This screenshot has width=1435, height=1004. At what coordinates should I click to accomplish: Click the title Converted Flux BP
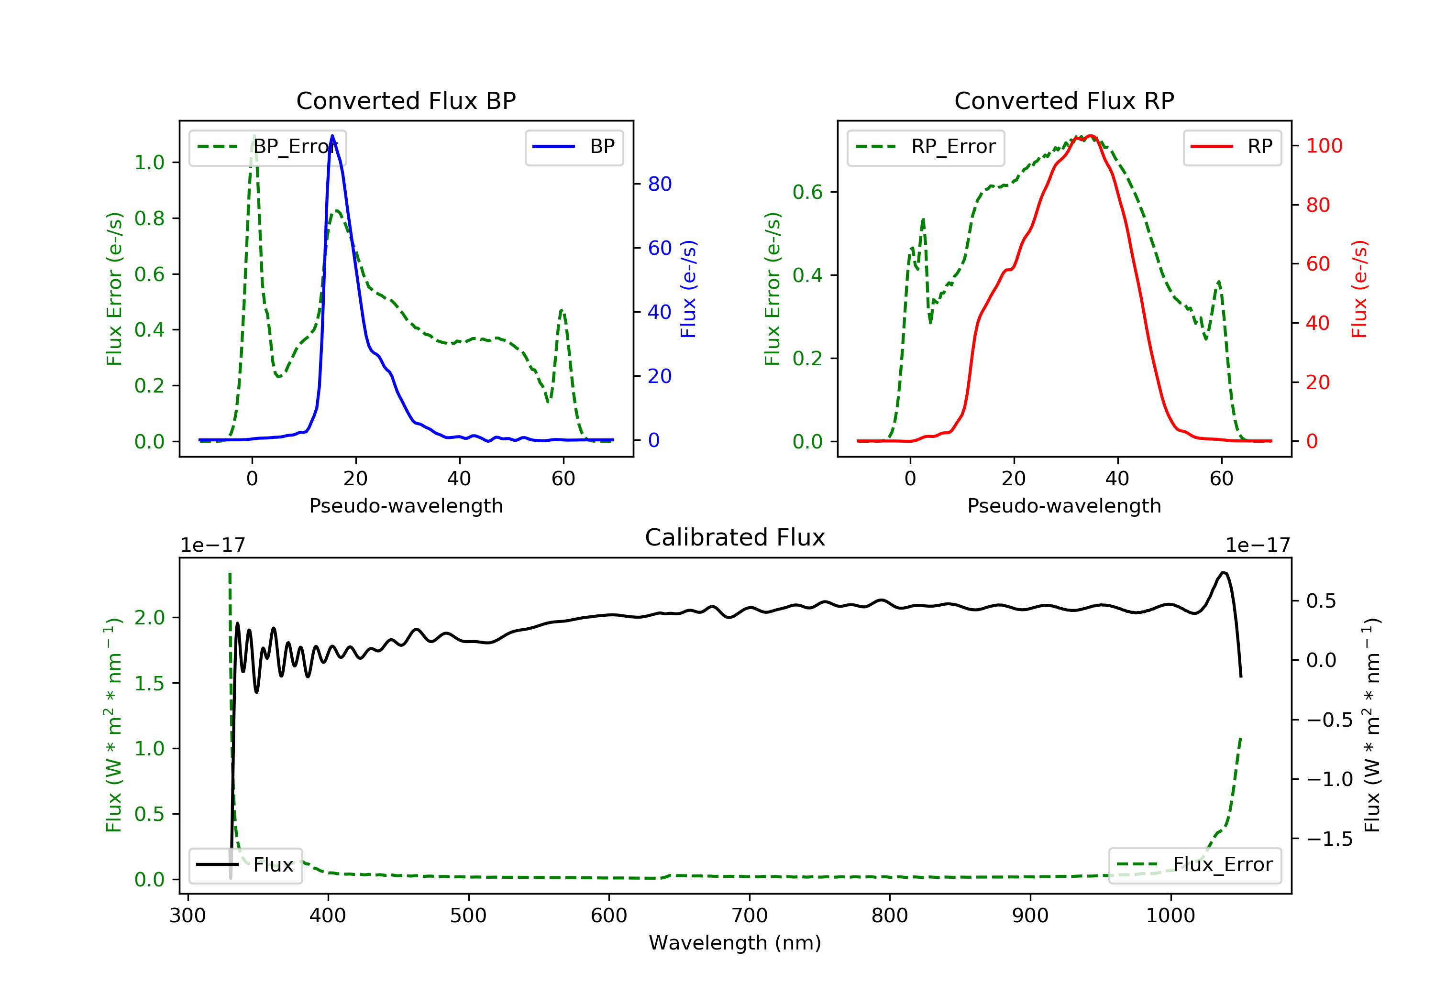click(x=406, y=100)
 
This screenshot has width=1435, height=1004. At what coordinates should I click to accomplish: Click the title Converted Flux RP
click(x=1064, y=100)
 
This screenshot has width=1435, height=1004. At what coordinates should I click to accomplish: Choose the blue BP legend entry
click(x=574, y=147)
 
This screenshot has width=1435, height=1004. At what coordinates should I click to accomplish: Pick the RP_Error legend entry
click(x=926, y=147)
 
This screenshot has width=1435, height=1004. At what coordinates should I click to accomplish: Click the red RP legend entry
click(x=1232, y=147)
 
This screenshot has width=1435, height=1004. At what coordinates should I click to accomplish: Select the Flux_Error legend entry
click(x=1194, y=865)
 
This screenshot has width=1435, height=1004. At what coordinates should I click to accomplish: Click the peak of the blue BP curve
click(x=332, y=136)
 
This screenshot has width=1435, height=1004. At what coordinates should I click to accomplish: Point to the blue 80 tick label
click(x=659, y=185)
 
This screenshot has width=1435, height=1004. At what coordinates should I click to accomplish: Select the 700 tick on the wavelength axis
click(x=750, y=916)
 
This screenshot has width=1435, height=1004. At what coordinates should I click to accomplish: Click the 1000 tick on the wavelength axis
click(x=1170, y=916)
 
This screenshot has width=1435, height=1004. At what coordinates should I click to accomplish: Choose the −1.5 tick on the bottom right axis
click(x=1329, y=839)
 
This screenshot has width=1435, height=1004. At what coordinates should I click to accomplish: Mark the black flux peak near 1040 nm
click(x=1224, y=572)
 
